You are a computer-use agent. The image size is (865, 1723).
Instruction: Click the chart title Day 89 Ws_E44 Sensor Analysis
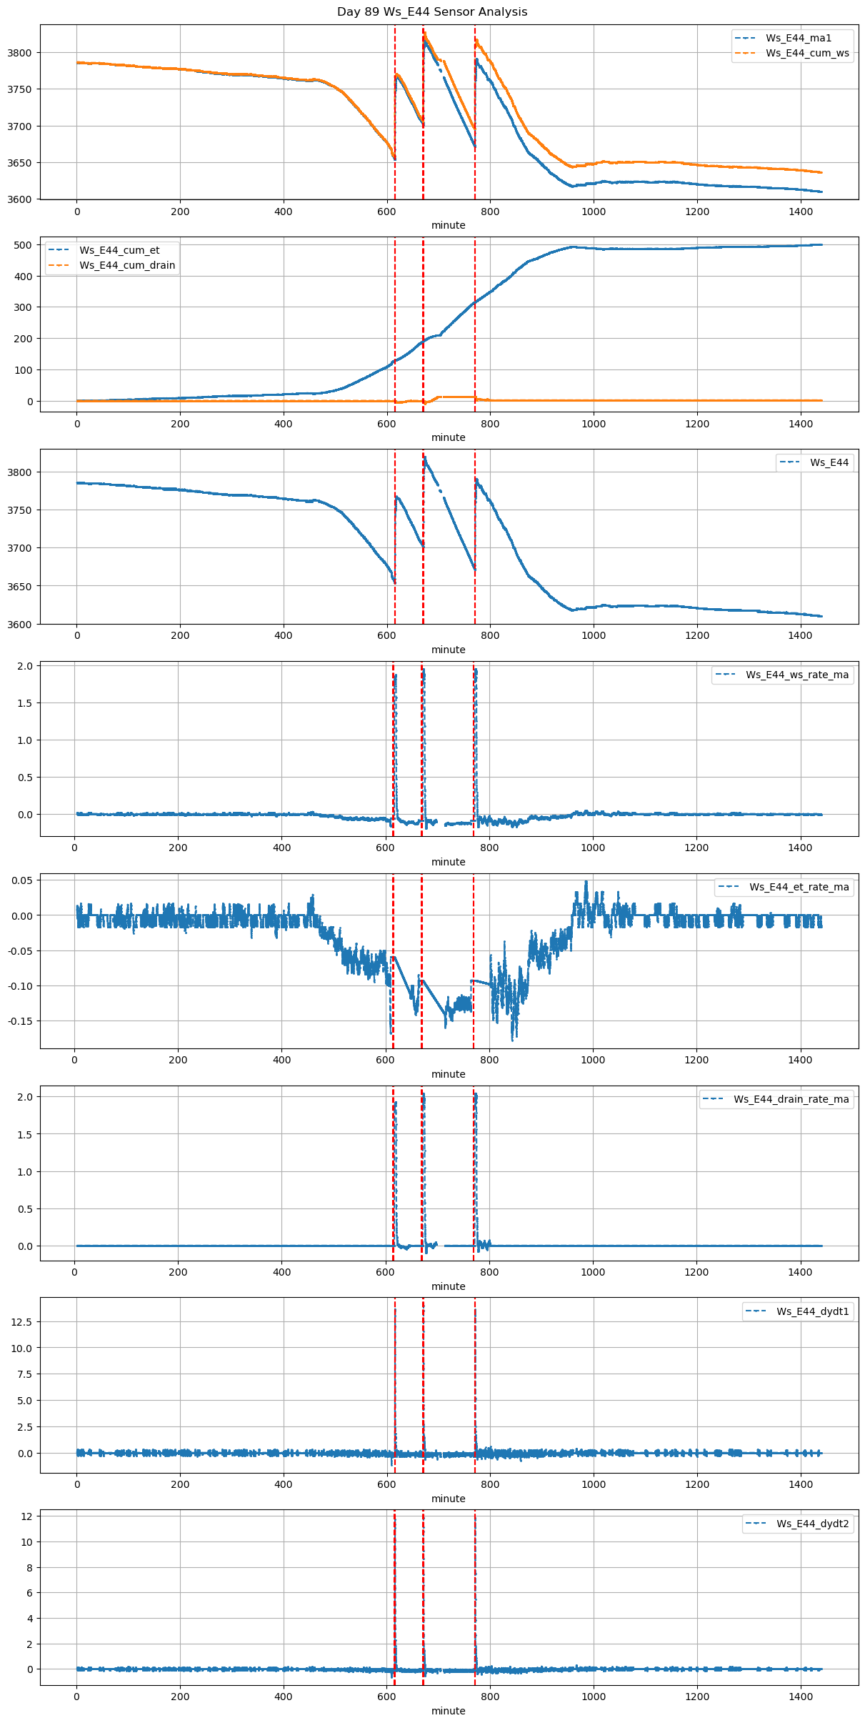(x=432, y=11)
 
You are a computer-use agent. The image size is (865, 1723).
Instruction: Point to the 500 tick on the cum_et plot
(x=24, y=245)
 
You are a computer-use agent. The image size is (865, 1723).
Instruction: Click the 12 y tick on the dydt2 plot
(x=27, y=1516)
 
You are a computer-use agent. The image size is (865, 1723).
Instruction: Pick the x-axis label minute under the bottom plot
(x=449, y=1711)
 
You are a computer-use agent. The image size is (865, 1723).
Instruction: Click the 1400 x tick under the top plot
(x=801, y=212)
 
